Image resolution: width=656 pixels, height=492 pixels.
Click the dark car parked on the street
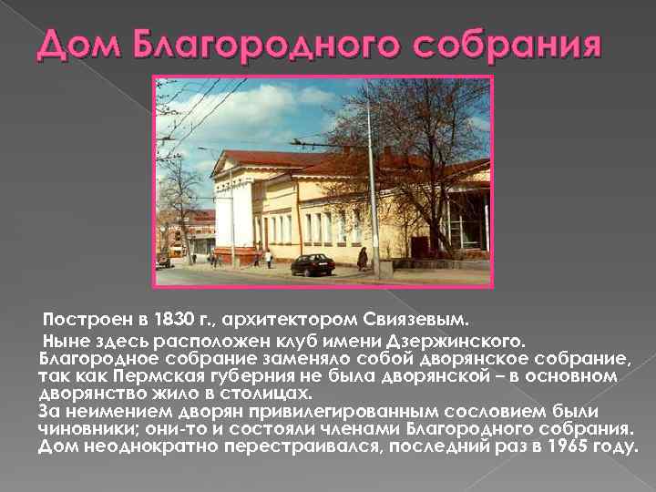pyautogui.click(x=312, y=264)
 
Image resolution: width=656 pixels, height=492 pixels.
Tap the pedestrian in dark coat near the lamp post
pyautogui.click(x=363, y=258)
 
